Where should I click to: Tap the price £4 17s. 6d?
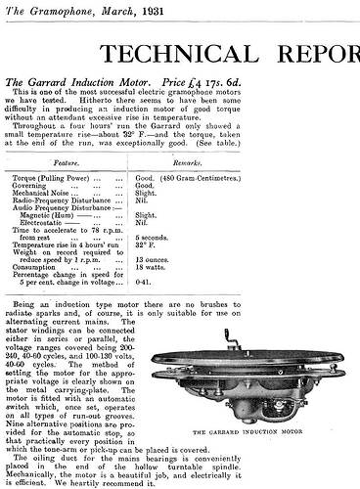[x=214, y=86]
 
